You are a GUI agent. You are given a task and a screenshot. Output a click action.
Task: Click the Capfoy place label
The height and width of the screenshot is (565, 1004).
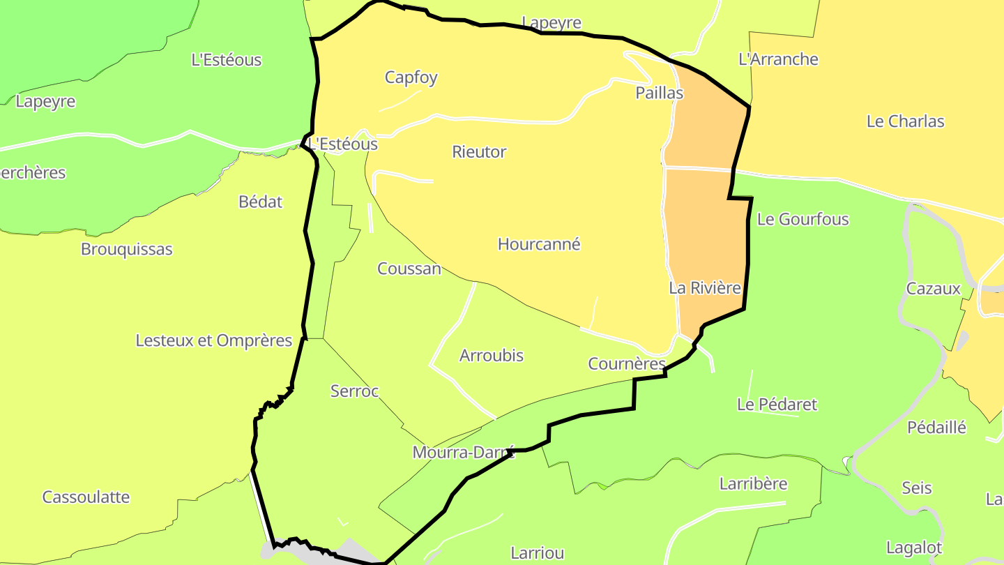(411, 77)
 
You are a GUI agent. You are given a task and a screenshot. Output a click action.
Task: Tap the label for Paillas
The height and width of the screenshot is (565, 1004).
(660, 93)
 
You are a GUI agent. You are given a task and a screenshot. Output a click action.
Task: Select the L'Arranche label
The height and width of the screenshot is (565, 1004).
(778, 59)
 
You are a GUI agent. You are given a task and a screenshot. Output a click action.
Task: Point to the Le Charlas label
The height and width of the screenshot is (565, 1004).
(905, 121)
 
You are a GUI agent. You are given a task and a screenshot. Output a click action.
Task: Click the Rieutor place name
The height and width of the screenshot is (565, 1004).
(479, 152)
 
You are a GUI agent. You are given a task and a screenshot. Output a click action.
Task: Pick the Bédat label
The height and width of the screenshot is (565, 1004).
(261, 202)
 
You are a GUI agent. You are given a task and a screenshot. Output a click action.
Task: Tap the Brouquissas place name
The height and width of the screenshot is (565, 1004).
(126, 250)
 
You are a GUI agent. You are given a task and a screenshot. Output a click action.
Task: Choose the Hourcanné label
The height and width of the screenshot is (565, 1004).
(539, 245)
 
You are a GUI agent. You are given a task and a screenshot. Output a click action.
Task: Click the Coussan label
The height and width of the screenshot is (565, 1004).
(409, 269)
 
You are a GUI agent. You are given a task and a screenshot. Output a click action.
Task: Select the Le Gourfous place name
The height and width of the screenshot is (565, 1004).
(803, 220)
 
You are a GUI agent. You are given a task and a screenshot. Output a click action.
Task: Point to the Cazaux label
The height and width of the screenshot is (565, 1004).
(933, 289)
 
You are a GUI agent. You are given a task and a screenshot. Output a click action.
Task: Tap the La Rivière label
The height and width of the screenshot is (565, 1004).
(704, 288)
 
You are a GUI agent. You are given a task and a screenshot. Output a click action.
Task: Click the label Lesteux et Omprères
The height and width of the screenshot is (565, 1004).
(213, 341)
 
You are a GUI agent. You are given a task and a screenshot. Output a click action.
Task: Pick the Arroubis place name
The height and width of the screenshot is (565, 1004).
(492, 356)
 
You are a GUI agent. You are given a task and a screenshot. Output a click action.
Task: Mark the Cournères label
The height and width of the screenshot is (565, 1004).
(627, 364)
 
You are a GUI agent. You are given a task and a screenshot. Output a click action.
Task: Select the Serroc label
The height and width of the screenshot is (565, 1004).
(354, 392)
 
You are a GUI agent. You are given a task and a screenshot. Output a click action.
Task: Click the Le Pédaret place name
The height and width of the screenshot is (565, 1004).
(777, 405)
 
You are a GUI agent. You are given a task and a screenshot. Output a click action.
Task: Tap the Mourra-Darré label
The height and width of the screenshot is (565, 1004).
(463, 453)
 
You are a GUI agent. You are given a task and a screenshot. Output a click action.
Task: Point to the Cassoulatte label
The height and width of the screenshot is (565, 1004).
(86, 497)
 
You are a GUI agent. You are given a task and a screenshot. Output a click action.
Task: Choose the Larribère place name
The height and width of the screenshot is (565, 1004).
(753, 484)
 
